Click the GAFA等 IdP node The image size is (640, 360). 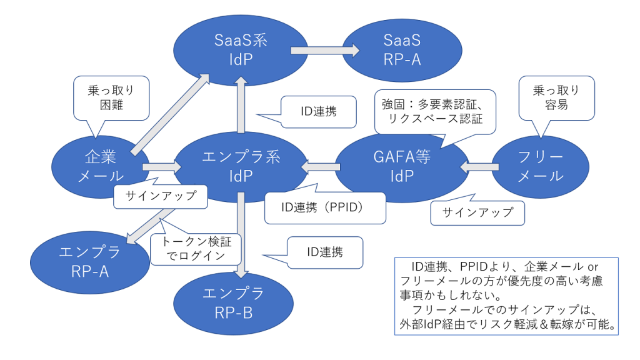(x=402, y=166)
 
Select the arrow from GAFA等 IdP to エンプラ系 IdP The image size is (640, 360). (x=321, y=166)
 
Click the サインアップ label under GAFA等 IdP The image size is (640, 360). (x=477, y=212)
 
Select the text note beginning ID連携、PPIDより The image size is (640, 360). (x=506, y=296)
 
